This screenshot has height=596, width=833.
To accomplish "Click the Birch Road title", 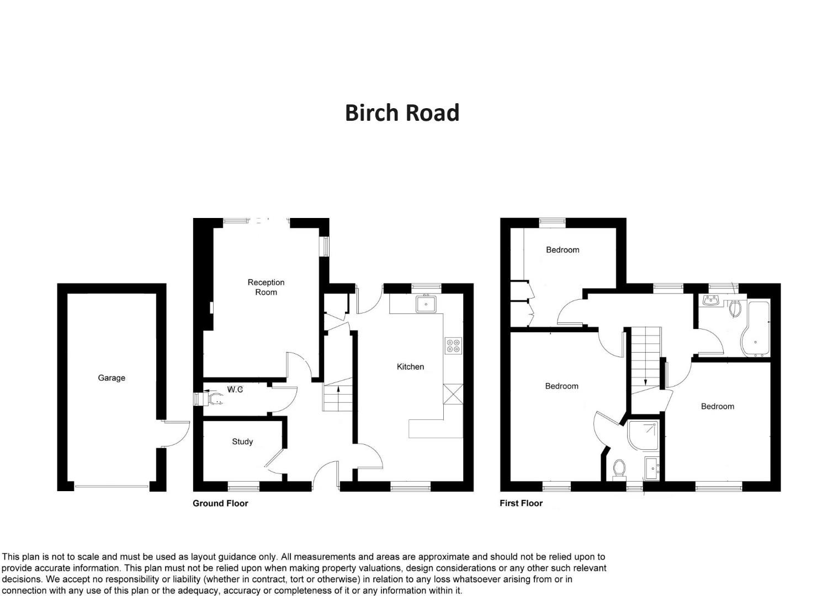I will [402, 113].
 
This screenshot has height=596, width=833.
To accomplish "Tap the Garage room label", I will [112, 378].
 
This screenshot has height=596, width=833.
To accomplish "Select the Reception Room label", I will [266, 287].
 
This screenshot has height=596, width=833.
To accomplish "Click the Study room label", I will [242, 441].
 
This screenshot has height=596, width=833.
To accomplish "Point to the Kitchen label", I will [410, 366].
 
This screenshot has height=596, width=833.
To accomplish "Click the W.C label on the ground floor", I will [235, 390].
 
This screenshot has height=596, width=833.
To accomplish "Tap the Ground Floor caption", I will [220, 503].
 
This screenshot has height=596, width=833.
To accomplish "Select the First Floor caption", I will [521, 503].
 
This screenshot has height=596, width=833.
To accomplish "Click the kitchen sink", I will [426, 304].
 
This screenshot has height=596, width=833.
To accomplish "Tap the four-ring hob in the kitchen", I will [453, 345].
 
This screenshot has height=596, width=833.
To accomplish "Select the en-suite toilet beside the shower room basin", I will [619, 469].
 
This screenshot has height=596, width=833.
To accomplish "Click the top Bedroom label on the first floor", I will [563, 250].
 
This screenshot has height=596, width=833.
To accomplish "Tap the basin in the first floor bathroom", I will [710, 301].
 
